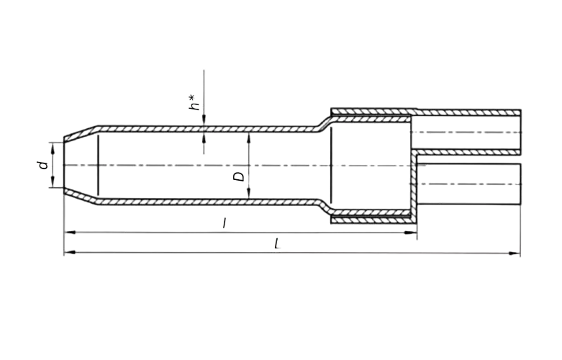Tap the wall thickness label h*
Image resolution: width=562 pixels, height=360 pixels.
click(x=193, y=102)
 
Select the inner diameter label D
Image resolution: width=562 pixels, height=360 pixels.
click(x=240, y=176)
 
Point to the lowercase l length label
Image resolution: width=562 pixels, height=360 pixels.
click(x=225, y=225)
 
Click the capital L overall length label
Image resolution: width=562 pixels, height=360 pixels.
click(x=278, y=244)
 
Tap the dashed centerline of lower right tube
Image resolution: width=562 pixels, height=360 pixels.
click(x=468, y=184)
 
